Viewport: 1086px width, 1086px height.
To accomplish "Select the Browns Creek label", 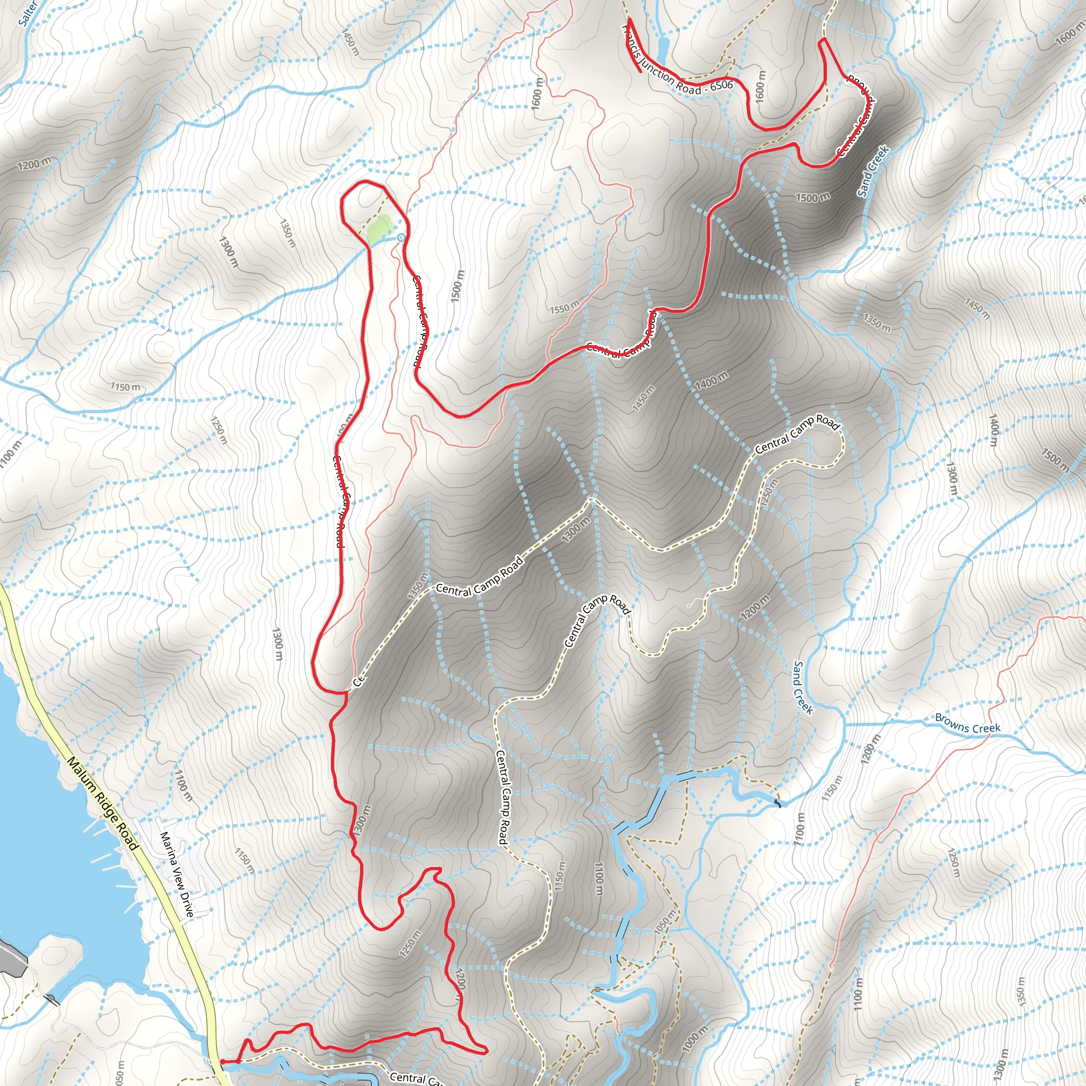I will tap(967, 723).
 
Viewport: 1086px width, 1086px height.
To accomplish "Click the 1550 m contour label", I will tap(564, 307).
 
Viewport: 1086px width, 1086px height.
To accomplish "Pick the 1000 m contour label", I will tap(695, 1039).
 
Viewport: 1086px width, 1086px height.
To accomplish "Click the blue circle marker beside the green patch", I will tap(401, 238).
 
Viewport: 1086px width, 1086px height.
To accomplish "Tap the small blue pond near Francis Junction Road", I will tap(662, 49).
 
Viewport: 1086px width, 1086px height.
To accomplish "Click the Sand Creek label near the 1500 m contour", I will tap(872, 171).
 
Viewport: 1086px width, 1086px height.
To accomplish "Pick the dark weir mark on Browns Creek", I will tap(777, 804).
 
